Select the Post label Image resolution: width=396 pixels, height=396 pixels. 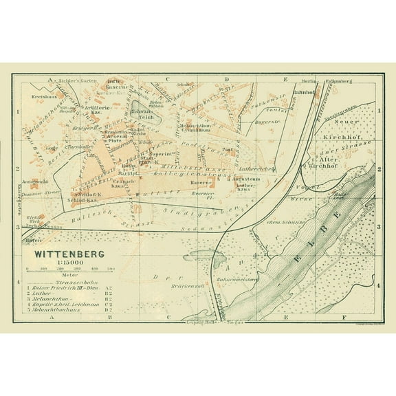point(228,149)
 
